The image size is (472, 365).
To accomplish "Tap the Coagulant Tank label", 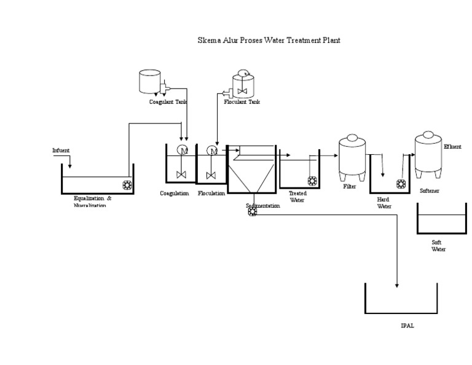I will click(x=168, y=102).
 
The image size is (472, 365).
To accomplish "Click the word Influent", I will click(x=61, y=150).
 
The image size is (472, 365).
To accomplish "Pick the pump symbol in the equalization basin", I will click(x=128, y=184).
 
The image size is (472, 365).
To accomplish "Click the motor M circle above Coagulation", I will click(x=182, y=151).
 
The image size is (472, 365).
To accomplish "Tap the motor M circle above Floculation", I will click(x=212, y=151).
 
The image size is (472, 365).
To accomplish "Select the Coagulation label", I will click(x=174, y=194).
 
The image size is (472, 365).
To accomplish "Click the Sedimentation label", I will click(x=263, y=206).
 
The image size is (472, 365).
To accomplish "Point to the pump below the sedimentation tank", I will click(x=252, y=212).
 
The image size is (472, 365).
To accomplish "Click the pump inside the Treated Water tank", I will click(x=312, y=181).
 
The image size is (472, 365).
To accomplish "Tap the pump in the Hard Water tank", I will click(x=403, y=184).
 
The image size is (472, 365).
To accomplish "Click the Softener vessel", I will click(x=428, y=153).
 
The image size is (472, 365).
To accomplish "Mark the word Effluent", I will click(x=452, y=147).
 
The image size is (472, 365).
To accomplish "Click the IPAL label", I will click(x=407, y=326).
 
